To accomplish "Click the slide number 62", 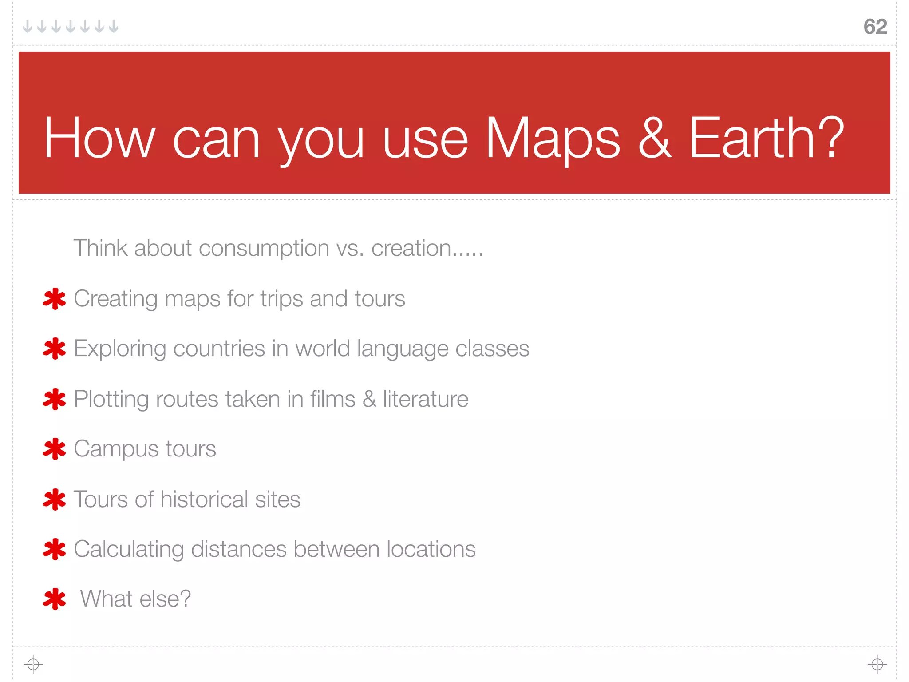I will coord(875,27).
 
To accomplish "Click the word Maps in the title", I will coord(553,139).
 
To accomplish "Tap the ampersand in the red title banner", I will coord(655,139).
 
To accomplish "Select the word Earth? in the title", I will coord(766,139).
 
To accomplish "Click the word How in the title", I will coord(99,139).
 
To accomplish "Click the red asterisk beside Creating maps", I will coord(54,299).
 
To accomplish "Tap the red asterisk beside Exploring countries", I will coord(54,349).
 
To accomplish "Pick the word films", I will coord(332,399).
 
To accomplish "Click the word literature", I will coord(425,399).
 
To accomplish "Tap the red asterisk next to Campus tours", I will coord(54,449).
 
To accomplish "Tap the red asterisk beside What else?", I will coord(54,599).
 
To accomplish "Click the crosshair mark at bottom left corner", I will coord(33,664).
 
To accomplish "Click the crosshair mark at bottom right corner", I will coord(877,664).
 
